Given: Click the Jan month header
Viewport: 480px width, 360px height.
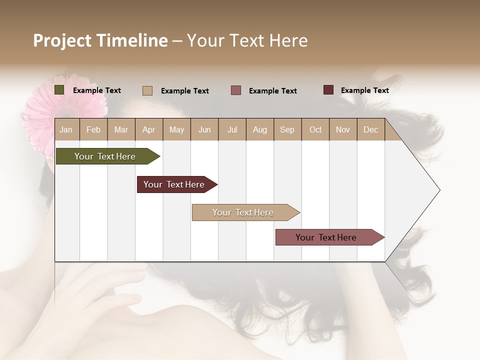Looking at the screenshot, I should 66,129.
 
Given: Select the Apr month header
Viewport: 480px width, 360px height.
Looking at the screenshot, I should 149,129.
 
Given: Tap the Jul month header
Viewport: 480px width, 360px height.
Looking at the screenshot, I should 232,129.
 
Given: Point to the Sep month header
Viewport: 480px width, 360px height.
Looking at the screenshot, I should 287,129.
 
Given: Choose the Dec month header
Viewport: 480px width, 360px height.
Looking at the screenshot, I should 370,129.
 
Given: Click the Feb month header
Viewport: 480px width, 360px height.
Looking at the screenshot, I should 93,129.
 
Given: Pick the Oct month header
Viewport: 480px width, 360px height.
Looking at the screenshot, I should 315,129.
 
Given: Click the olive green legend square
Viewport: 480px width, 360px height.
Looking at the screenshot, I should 59,90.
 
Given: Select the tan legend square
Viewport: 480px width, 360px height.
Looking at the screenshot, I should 147,90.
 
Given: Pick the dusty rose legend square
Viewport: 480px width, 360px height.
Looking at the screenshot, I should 236,90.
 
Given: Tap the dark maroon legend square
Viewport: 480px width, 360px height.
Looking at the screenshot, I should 328,90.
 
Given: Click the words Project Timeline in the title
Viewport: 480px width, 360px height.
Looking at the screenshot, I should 100,40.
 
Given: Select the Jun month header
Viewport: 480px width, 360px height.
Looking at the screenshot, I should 204,129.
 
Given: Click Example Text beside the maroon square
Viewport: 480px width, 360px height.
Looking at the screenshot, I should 364,90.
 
